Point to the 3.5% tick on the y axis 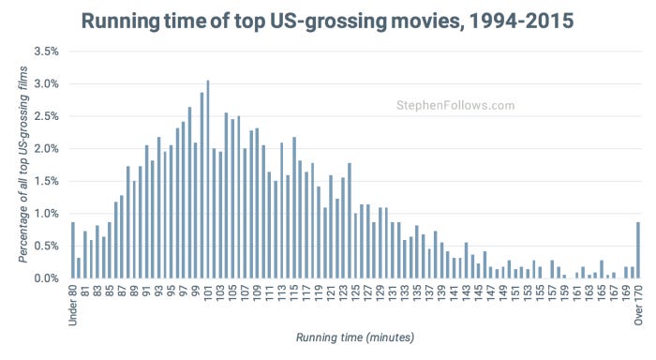coord(46,51)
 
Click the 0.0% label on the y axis coord(46,278)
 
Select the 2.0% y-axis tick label coord(46,148)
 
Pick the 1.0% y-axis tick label coord(46,214)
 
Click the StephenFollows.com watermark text coord(455,106)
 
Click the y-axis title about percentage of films coord(22,165)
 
